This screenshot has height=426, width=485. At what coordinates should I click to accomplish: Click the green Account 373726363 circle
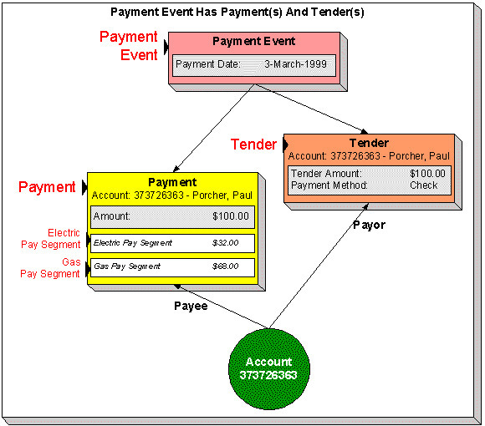click(x=269, y=368)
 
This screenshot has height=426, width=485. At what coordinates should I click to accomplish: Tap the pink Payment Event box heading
click(x=253, y=41)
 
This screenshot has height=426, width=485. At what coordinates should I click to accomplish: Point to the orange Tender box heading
click(x=370, y=143)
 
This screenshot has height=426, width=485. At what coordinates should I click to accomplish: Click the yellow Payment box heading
click(x=172, y=182)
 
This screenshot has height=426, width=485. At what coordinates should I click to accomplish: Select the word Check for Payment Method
click(x=423, y=185)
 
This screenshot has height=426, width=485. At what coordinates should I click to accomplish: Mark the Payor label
click(x=369, y=225)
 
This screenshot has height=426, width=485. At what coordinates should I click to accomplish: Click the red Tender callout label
click(x=253, y=145)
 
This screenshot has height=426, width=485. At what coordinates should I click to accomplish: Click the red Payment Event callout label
click(x=128, y=46)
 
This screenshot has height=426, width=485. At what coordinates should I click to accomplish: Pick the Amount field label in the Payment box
click(x=111, y=216)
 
